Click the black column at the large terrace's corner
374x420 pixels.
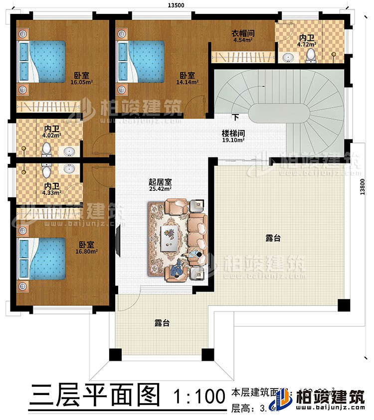point(343,304)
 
